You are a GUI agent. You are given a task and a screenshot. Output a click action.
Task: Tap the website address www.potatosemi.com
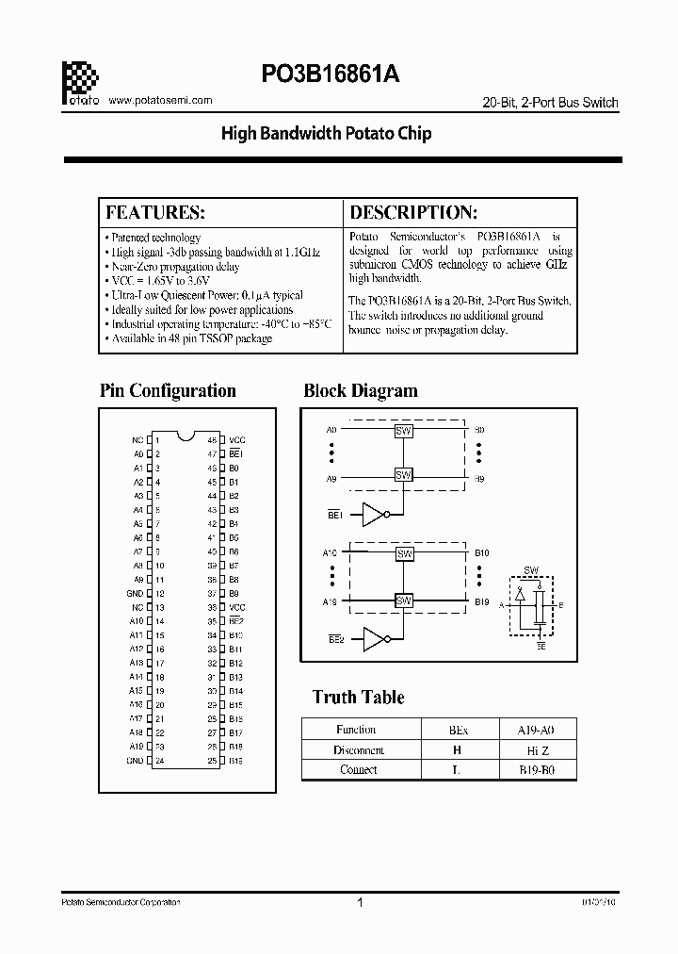coord(161,100)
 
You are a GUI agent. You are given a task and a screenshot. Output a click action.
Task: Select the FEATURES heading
coord(154,212)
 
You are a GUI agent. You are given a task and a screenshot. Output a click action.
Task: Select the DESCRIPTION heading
coord(413,212)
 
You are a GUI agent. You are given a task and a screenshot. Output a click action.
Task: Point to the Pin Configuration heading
coord(168,390)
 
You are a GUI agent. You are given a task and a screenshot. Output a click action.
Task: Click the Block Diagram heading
coord(361,390)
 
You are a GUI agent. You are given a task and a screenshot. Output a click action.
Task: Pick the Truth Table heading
coord(358,697)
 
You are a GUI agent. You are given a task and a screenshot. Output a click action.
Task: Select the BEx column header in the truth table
coord(458,730)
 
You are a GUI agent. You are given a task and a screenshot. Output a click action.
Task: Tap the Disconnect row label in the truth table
coord(358,749)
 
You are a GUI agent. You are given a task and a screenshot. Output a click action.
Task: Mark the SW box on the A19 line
coord(404,600)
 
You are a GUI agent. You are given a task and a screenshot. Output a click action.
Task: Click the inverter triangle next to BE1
coord(374,514)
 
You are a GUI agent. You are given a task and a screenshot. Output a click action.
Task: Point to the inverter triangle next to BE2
coord(374,639)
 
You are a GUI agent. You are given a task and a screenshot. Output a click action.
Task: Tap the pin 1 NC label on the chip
coord(137,440)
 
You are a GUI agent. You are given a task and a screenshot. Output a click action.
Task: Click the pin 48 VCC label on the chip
coord(237,440)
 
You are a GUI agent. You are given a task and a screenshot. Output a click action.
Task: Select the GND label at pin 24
coord(136,760)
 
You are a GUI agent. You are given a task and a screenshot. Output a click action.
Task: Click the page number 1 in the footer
coord(360,903)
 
